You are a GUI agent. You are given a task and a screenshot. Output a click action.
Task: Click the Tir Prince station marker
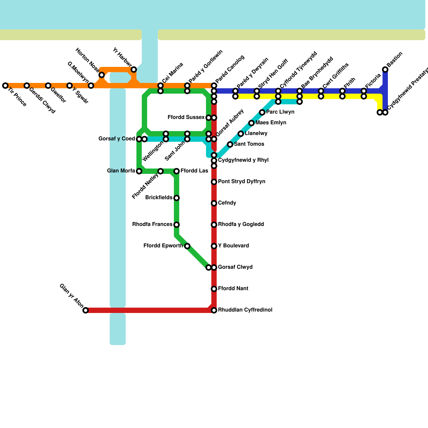point(5,86)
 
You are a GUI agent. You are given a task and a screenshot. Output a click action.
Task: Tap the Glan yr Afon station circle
point(86,310)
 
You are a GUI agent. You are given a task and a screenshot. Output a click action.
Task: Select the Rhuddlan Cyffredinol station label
point(245,310)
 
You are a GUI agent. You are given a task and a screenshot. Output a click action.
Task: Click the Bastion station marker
point(385,70)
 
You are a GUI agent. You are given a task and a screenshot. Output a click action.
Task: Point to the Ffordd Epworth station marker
point(187,246)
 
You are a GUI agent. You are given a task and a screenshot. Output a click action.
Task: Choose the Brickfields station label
point(159,198)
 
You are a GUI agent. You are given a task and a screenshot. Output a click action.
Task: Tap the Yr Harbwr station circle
point(134,70)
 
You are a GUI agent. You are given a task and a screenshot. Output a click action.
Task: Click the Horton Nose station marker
point(102,75)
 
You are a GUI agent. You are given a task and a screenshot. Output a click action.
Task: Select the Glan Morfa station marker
point(139,171)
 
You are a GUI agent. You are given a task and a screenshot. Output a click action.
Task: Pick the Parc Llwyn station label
point(280,112)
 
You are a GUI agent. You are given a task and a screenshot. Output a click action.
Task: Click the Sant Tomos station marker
point(230,144)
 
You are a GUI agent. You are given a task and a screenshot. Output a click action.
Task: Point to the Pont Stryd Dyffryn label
point(242,182)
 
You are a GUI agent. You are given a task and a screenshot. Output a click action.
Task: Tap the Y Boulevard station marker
point(214,246)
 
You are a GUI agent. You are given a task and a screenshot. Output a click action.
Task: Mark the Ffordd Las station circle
point(177,171)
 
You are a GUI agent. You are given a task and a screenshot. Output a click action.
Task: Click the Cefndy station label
point(227,203)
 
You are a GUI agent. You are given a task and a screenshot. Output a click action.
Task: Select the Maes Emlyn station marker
point(251,123)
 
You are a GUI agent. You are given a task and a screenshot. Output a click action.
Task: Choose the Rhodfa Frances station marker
point(177,225)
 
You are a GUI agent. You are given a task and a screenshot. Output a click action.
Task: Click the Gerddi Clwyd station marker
point(27,86)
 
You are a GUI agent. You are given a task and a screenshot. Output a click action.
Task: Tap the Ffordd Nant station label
point(233,289)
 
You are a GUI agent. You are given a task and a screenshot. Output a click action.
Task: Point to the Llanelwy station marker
point(241,134)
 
